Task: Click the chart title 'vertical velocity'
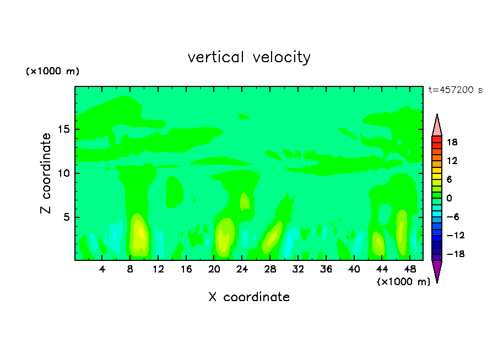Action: pos(249,57)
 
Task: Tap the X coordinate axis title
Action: pos(249,297)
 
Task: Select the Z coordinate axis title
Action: pos(46,173)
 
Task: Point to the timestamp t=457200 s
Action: pos(455,90)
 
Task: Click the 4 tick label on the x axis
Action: pos(102,269)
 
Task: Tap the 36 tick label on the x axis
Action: pos(326,269)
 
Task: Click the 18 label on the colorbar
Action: pos(452,142)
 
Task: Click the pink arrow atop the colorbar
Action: pos(437,126)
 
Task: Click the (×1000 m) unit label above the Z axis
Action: pos(53,72)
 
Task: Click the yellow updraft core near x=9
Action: pos(140,234)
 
